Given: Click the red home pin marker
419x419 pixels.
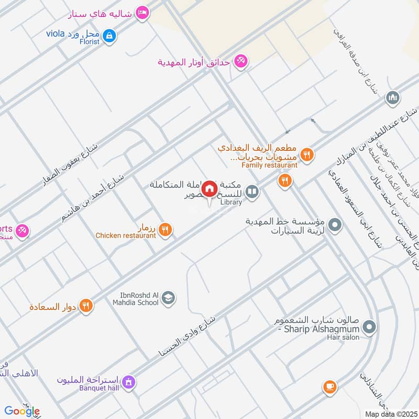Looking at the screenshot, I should click(210, 189).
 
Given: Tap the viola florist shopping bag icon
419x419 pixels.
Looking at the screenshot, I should click(109, 36).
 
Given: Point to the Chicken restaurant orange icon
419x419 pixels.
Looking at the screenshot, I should click(166, 229).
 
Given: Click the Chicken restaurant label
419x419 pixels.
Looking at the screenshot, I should click(126, 236).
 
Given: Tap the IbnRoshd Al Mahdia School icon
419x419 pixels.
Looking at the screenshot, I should click(168, 299).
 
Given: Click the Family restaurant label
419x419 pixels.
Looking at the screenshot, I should click(269, 165).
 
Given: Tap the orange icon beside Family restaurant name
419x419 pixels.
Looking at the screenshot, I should click(307, 155).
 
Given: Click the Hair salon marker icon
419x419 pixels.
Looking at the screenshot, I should click(369, 328).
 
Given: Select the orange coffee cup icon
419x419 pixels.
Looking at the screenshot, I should click(329, 387).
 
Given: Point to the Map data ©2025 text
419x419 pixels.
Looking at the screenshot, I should click(390, 414).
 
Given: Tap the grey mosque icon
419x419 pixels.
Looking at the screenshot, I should click(393, 97).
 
